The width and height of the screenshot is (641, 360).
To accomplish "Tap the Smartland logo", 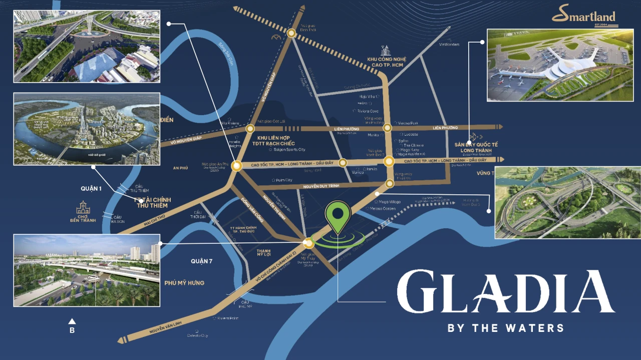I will pos(584,17).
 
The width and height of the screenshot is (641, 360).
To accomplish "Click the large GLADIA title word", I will pos(505,292).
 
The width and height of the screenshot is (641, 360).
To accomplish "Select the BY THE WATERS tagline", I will pos(505,328).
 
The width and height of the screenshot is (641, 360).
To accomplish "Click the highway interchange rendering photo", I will pos(567,202).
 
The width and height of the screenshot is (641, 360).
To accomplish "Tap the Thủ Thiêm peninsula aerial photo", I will pos(86,129).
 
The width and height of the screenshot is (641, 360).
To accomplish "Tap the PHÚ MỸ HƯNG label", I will pos(184,283).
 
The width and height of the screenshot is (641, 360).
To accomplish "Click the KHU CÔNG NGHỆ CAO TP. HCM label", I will pos(387,63).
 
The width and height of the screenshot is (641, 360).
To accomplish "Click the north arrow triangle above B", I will pos(72,321).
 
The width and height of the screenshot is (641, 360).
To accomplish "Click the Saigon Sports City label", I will pos(287,149).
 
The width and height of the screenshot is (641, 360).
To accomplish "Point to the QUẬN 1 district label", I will pos(91,189).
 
